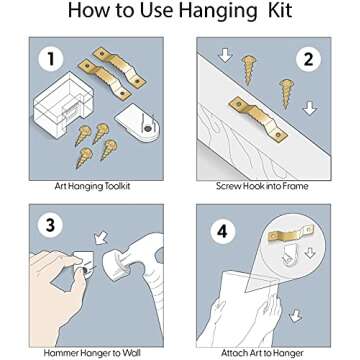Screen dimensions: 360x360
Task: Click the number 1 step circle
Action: tap(51, 60)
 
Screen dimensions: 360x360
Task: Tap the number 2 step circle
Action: tap(308, 60)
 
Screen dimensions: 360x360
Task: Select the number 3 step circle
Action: tap(50, 225)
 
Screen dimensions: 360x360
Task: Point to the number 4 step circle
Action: tap(223, 231)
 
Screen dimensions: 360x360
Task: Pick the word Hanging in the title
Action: tap(218, 11)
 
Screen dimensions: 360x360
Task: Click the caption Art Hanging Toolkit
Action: tap(92, 186)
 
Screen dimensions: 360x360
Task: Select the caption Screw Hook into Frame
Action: tap(262, 186)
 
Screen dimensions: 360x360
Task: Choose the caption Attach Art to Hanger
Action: tap(262, 353)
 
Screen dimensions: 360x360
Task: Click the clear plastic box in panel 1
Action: tap(62, 105)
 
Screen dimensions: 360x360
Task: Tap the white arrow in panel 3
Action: tap(101, 238)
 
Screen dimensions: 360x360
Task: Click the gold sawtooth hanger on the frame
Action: tap(258, 120)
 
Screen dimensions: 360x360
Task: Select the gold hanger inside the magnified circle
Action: tap(291, 234)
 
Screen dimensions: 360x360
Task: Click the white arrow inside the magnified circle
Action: tap(310, 253)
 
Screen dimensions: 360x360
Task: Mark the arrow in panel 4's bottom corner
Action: tap(295, 315)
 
